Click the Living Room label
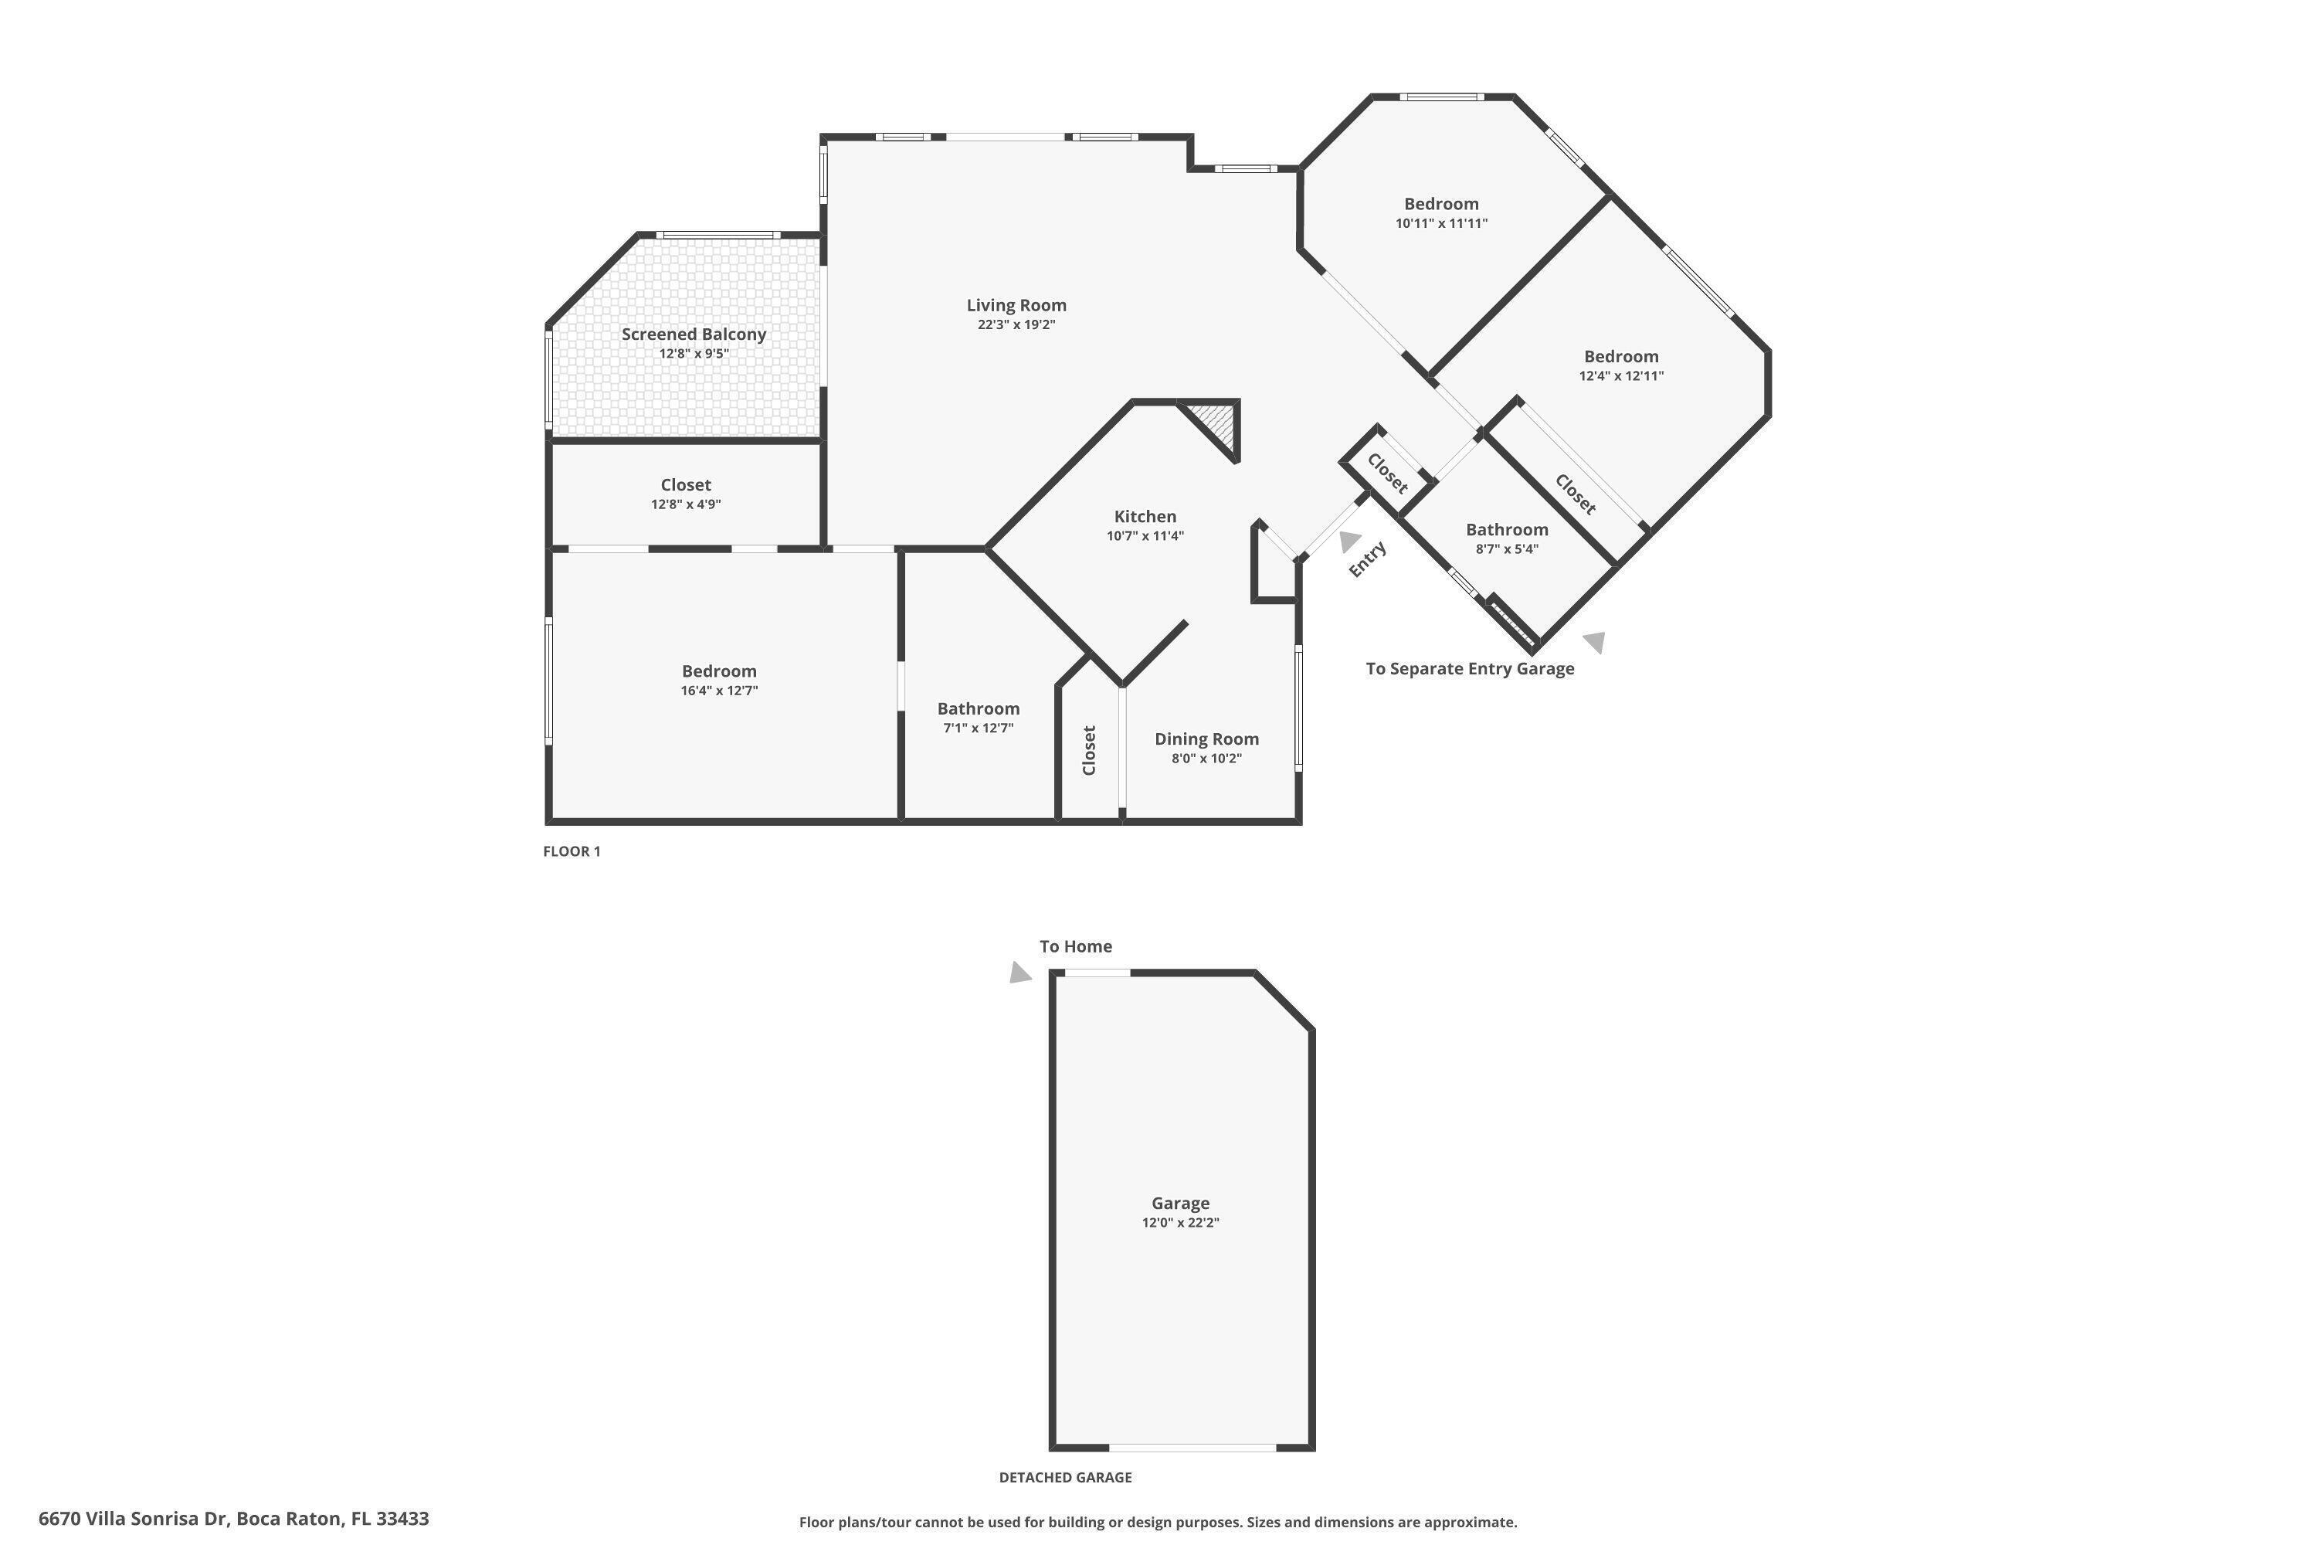pyautogui.click(x=1016, y=305)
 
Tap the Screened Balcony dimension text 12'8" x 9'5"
pyautogui.click(x=694, y=354)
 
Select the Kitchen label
pyautogui.click(x=1145, y=516)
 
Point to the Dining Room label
pyautogui.click(x=1206, y=739)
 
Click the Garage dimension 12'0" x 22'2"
pyautogui.click(x=1180, y=1223)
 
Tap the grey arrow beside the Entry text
pyautogui.click(x=1348, y=541)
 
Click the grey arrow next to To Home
pyautogui.click(x=1019, y=973)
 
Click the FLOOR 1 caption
pyautogui.click(x=572, y=851)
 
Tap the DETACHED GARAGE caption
pyautogui.click(x=1065, y=1477)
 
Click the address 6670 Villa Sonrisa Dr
pyautogui.click(x=233, y=1519)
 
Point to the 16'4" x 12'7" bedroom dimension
pyautogui.click(x=719, y=691)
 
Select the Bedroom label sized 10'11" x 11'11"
pyautogui.click(x=1440, y=204)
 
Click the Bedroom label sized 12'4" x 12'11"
pyautogui.click(x=1620, y=357)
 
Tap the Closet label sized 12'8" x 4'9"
pyautogui.click(x=686, y=485)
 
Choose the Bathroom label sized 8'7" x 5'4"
pyautogui.click(x=1506, y=530)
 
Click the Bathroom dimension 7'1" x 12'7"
pyautogui.click(x=979, y=728)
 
